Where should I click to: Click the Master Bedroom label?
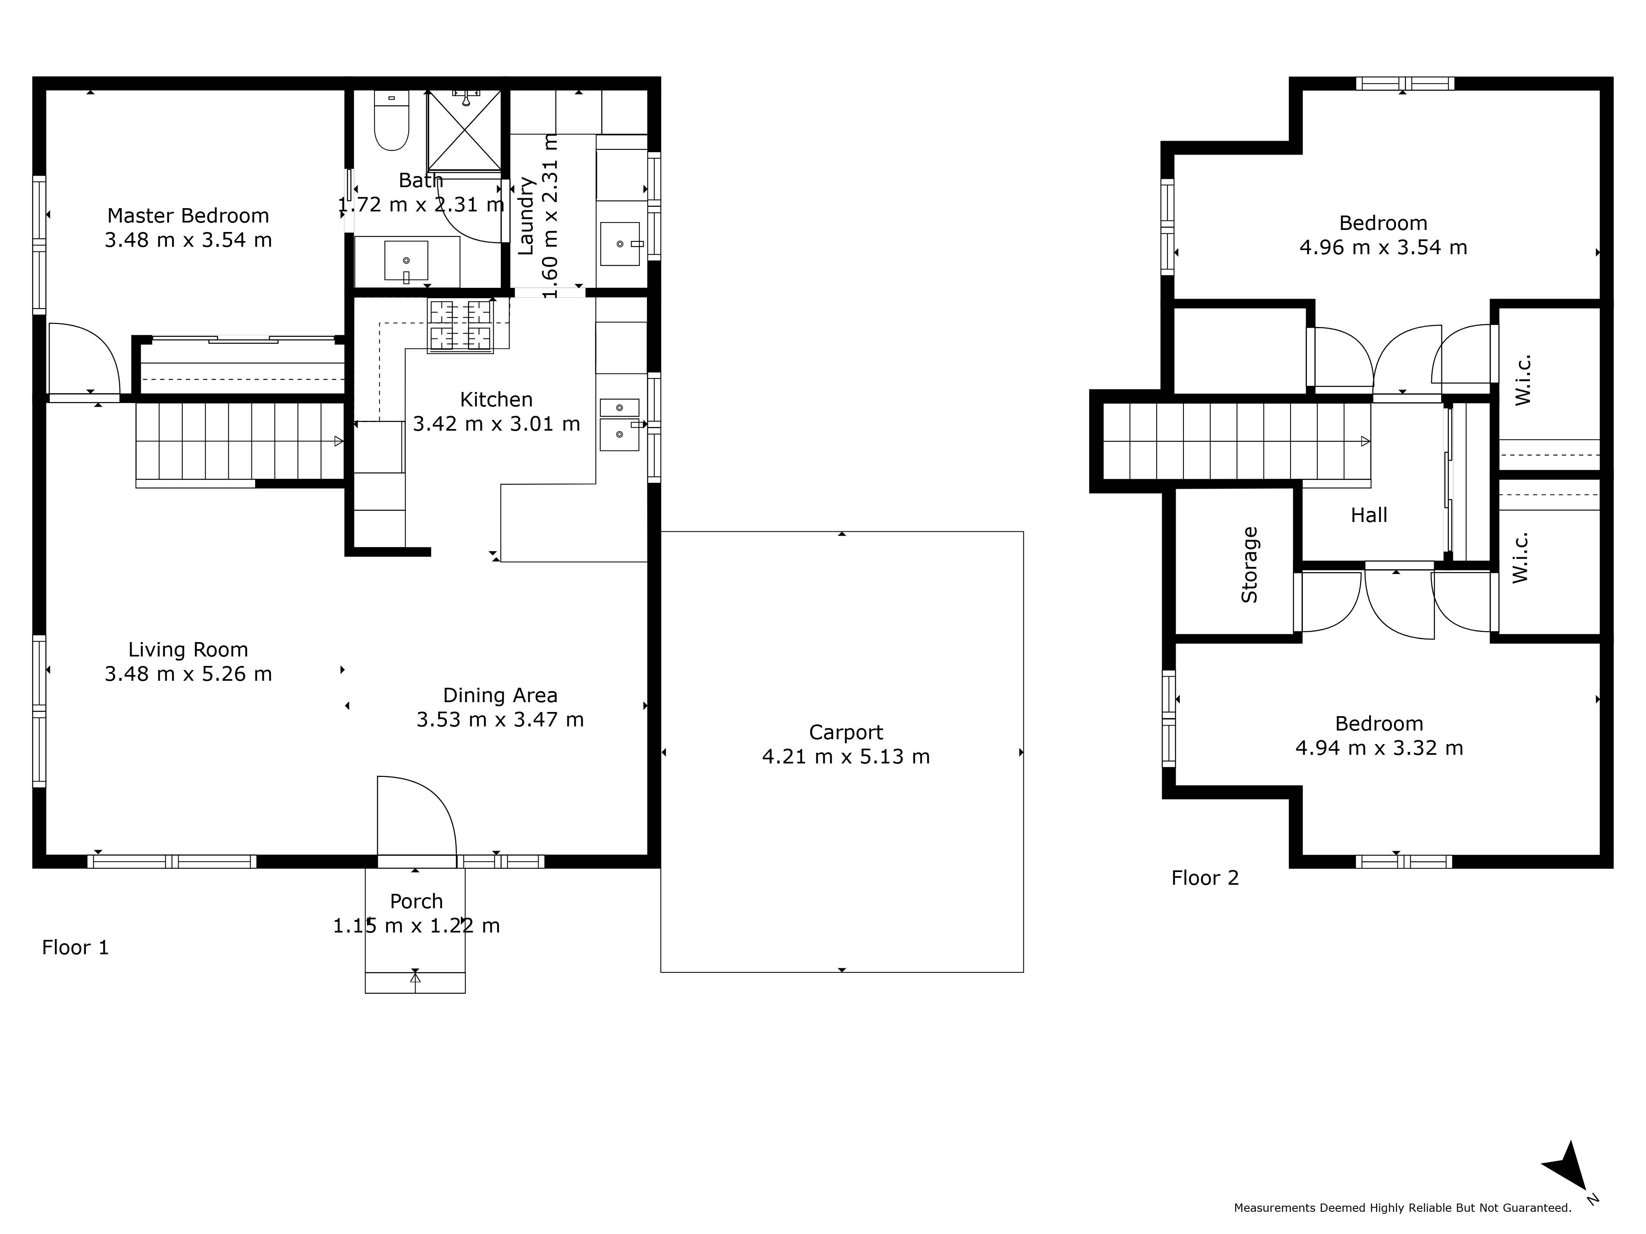pos(188,216)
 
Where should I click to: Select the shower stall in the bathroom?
pos(464,132)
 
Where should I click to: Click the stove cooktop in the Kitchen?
pos(460,325)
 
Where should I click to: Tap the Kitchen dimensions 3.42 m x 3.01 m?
pos(496,424)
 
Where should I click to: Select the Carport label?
pos(846,733)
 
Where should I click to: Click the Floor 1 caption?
pos(75,948)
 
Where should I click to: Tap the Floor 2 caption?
pos(1205,879)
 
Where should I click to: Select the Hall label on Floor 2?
pos(1369,515)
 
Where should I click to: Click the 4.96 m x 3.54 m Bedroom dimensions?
pos(1383,248)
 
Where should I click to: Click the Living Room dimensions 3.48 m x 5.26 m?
pos(188,674)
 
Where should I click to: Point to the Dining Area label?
pos(500,696)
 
